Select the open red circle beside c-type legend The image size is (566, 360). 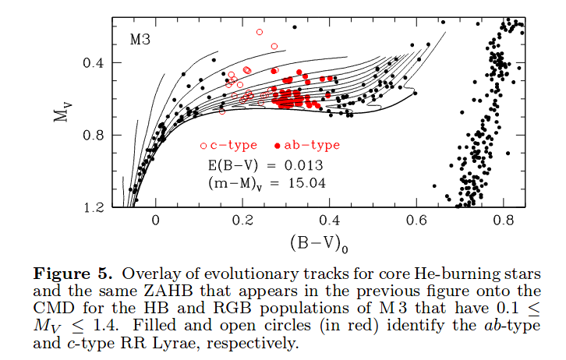203,146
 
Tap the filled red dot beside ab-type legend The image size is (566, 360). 278,146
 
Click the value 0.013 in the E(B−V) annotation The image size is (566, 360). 302,165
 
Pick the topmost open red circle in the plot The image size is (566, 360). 260,32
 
